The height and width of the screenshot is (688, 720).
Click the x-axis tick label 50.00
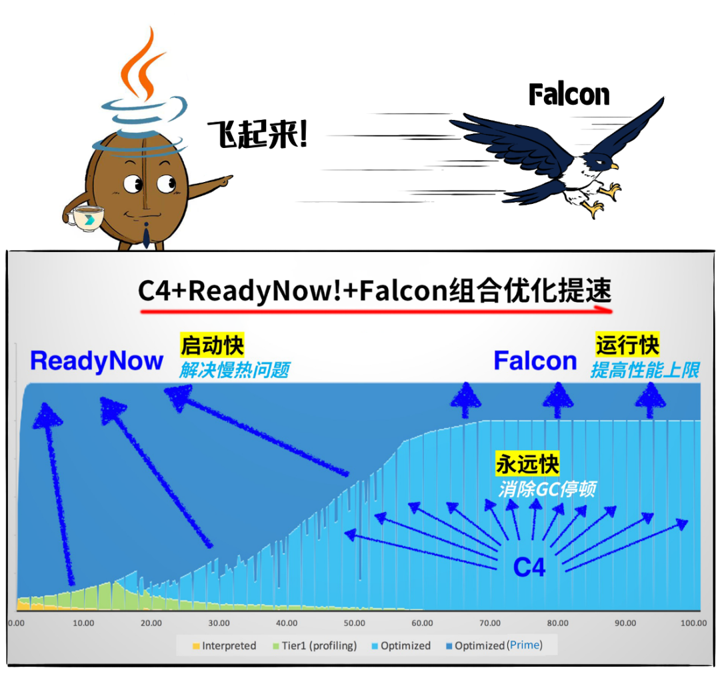point(354,623)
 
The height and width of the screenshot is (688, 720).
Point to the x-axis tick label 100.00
point(693,623)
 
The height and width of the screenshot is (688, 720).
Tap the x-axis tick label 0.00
point(16,623)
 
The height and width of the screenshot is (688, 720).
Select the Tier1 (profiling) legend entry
point(313,645)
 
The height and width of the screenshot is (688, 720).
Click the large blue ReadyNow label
point(97,361)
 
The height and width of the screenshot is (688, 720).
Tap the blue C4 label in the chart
point(529,567)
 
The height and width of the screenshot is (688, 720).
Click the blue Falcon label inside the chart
point(535,361)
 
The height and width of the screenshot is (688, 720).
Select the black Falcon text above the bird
point(569,95)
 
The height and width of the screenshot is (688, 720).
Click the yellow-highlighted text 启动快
point(212,345)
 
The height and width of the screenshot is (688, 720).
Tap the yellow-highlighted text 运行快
point(627,345)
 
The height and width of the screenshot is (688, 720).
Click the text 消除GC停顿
point(547,489)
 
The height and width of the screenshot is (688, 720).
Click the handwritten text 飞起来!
point(257,135)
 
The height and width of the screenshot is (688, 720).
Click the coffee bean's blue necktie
point(147,235)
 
